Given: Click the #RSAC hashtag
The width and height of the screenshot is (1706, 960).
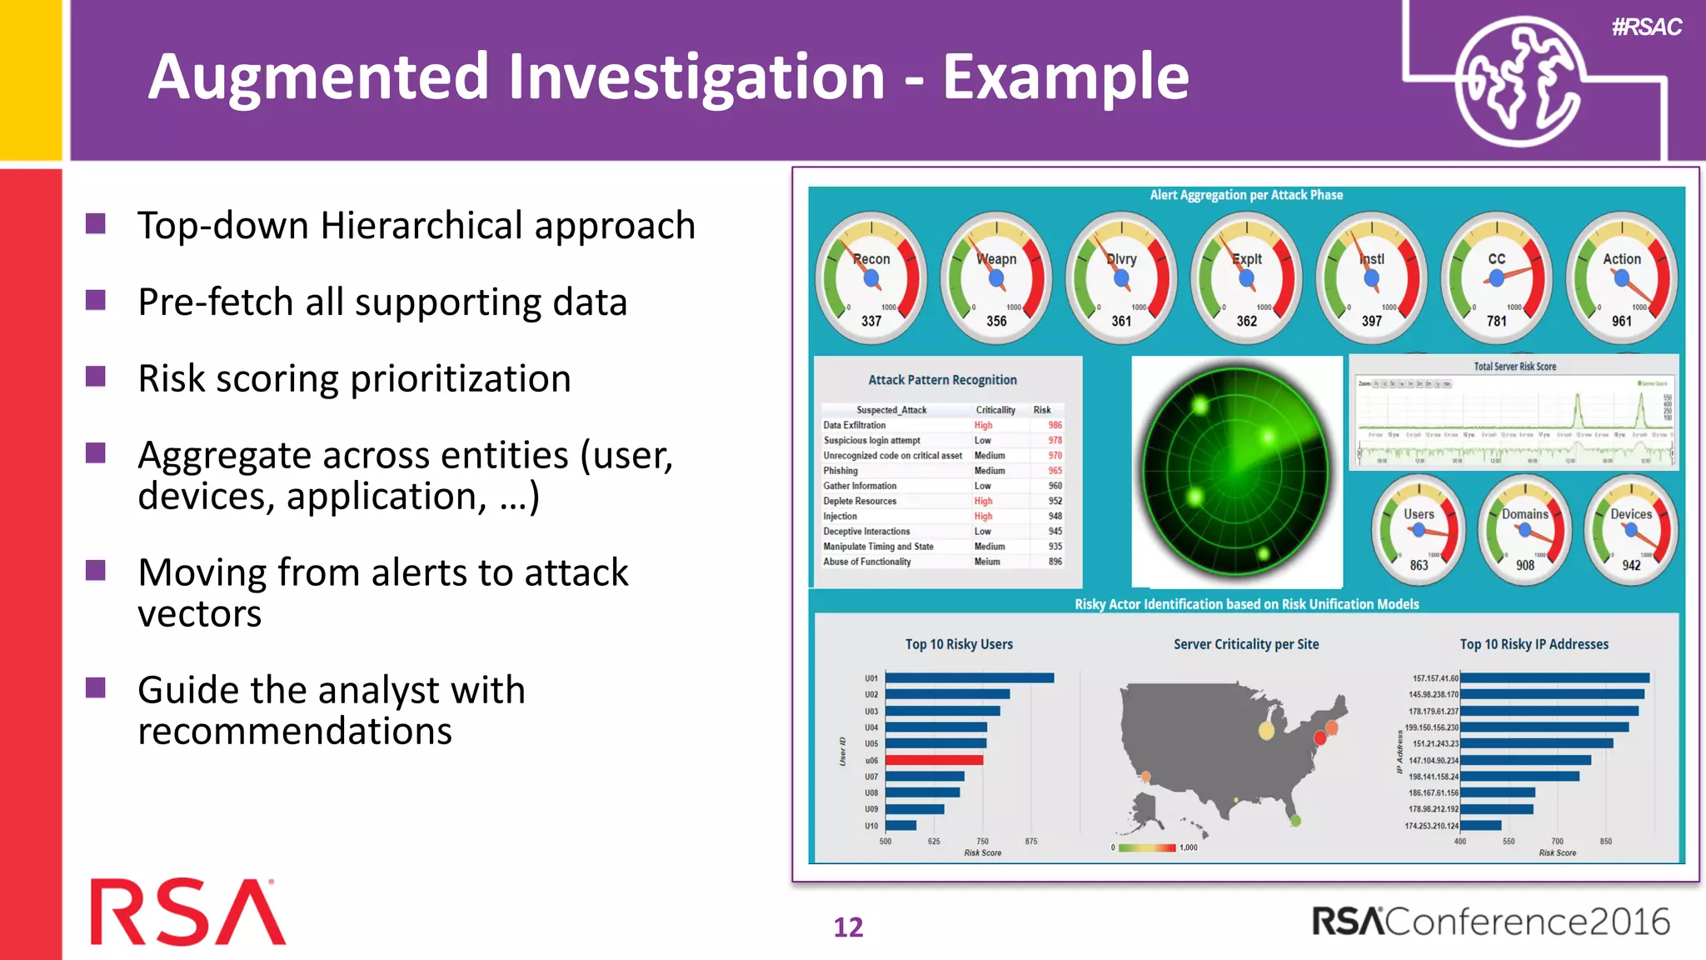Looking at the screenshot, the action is click(1646, 27).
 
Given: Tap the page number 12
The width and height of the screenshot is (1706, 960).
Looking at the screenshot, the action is click(848, 927).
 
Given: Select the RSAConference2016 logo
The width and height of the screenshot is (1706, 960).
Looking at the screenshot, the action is click(1490, 922).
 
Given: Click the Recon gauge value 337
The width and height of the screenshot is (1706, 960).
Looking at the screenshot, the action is click(871, 321).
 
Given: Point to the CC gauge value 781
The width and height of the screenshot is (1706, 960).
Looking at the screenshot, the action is click(1497, 321).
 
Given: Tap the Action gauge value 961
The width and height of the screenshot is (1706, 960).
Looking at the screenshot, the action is click(1622, 321).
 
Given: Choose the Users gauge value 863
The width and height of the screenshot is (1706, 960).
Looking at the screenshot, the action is click(1419, 565).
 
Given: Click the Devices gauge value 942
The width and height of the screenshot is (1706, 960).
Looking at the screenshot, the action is click(1631, 565).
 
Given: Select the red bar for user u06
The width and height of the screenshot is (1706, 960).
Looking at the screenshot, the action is click(934, 760).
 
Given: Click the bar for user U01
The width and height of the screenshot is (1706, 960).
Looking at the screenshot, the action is click(970, 678).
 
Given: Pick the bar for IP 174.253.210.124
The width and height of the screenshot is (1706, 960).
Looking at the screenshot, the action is click(1480, 826).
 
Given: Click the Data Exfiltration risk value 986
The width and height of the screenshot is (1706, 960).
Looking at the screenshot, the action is click(1055, 425).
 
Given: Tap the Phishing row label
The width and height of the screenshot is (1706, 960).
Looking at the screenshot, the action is click(841, 471).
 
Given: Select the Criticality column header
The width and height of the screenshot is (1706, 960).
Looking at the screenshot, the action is click(995, 410).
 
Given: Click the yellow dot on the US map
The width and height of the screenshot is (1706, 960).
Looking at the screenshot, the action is click(1266, 731).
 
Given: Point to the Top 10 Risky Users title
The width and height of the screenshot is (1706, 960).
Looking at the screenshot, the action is click(959, 644).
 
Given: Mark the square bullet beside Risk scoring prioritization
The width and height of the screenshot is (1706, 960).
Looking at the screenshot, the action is click(96, 377).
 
